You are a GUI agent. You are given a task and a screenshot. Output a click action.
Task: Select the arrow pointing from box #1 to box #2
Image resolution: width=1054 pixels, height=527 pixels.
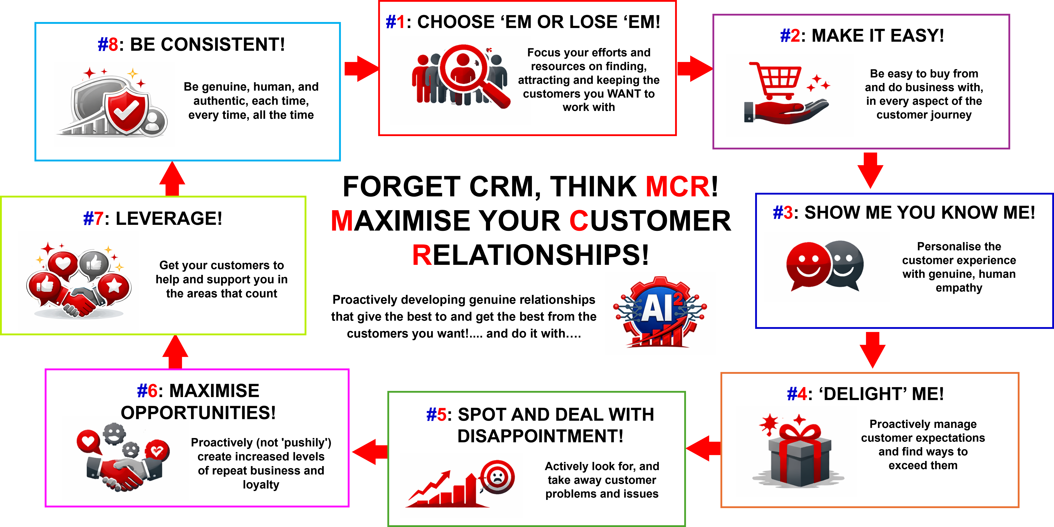pyautogui.click(x=695, y=68)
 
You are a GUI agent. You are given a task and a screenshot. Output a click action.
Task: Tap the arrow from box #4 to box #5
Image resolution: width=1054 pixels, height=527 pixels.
pyautogui.click(x=703, y=449)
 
